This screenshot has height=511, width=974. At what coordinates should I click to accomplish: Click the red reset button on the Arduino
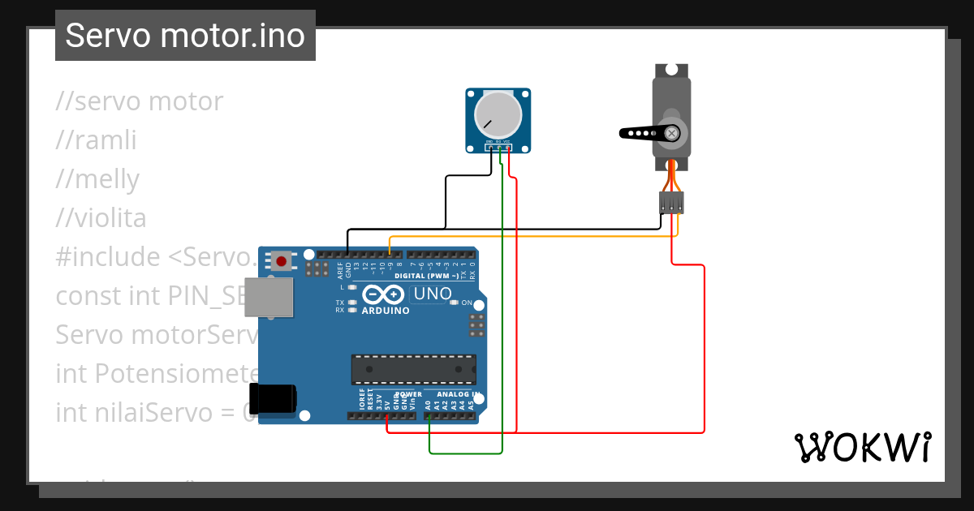[282, 261]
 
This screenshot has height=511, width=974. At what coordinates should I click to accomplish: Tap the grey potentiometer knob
[498, 114]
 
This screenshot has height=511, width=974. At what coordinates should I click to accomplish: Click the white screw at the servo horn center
[672, 133]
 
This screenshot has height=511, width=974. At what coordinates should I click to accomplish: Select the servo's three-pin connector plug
[671, 203]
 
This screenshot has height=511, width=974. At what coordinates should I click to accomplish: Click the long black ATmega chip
[413, 369]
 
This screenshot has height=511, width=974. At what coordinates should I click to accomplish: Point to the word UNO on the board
[431, 294]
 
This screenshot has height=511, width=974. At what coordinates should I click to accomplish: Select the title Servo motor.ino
[185, 36]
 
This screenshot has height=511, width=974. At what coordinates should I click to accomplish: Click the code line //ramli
[96, 140]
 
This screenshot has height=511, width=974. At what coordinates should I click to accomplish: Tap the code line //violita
[101, 218]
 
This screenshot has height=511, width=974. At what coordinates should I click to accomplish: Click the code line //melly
[97, 179]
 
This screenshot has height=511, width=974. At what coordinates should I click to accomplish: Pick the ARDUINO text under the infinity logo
[386, 311]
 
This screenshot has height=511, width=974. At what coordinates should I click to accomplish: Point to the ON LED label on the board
[466, 303]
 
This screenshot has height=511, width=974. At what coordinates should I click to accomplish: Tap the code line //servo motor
[139, 101]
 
